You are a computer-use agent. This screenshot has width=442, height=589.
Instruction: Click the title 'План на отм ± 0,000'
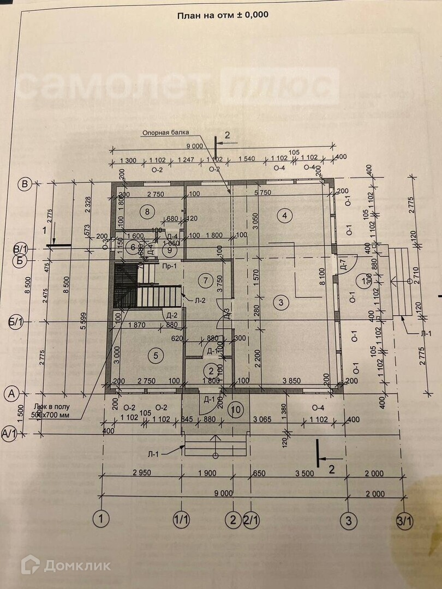[223, 15]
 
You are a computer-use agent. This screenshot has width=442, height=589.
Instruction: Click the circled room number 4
[284, 215]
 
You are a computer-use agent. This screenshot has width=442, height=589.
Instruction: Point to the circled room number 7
[205, 281]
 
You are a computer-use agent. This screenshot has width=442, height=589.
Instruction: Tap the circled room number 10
[236, 408]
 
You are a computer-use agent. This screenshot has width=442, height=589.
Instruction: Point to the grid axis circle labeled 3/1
[404, 521]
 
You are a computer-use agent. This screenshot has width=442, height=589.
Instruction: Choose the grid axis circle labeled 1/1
[181, 520]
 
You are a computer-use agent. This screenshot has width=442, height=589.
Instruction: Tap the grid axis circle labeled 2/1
[252, 520]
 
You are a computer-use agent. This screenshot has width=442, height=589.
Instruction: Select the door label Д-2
[172, 315]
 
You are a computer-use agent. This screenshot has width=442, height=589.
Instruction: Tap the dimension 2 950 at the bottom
[141, 472]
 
